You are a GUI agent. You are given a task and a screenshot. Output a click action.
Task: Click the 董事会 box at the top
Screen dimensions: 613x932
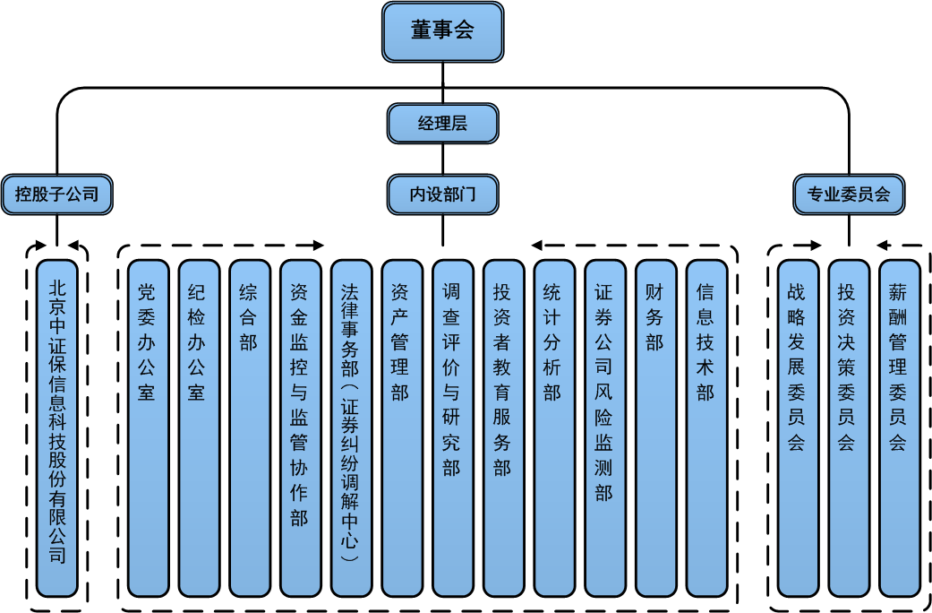coord(442,30)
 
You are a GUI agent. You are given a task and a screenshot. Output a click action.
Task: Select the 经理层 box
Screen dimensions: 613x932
coord(442,124)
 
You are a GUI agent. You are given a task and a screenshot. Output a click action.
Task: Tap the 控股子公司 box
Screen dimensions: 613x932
coord(57,194)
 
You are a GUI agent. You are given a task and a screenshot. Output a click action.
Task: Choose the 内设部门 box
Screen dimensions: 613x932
coord(442,194)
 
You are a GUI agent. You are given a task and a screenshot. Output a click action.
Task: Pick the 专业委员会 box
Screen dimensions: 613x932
coord(849,194)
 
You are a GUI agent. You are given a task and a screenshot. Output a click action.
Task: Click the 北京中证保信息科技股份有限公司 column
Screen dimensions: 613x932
coord(57,427)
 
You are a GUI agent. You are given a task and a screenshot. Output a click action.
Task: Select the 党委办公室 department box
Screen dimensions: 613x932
coord(147,427)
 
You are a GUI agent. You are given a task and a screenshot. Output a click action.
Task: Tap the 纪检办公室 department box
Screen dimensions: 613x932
coord(198,427)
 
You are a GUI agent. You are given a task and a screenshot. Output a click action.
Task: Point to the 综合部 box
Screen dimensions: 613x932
coord(249,427)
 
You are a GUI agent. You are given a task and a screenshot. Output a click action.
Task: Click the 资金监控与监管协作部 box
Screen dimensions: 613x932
coord(300,427)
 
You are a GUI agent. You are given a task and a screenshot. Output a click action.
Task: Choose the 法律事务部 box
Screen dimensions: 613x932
coord(351,427)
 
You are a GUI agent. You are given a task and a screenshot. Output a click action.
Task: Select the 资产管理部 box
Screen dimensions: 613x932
coord(401,427)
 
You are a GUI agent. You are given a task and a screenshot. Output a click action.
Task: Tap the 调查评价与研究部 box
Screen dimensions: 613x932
coord(452,427)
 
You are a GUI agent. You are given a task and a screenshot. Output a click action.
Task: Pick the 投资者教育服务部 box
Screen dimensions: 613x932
coord(503,427)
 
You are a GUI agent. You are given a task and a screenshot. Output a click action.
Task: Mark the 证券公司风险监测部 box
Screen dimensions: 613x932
coord(604,427)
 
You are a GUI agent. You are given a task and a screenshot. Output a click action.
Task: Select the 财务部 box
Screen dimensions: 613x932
coord(655,427)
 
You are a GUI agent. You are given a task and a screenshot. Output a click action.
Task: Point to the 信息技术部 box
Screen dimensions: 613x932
coord(706,427)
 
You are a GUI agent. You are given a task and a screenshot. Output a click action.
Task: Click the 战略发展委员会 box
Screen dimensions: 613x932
coord(797,427)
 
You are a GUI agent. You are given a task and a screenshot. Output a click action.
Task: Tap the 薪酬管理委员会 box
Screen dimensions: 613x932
coord(899,427)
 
